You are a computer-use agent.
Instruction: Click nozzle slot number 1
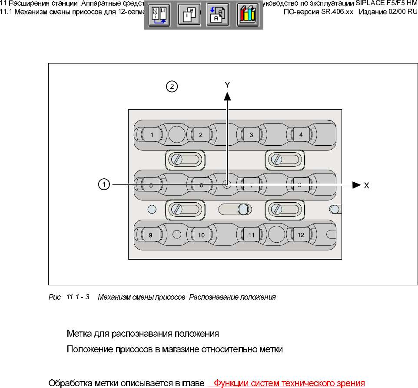point(152,135)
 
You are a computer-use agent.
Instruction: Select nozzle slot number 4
point(301,135)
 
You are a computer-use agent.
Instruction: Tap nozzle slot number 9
point(150,235)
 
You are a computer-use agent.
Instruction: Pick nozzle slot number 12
point(301,235)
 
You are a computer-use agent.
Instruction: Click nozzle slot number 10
point(201,235)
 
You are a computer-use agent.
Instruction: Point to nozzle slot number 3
point(251,135)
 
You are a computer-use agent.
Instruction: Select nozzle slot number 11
point(251,235)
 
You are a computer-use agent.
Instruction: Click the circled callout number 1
point(103,185)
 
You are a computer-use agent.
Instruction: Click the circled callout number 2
point(172,87)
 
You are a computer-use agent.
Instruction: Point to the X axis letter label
point(366,185)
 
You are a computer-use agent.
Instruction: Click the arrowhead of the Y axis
point(227,96)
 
